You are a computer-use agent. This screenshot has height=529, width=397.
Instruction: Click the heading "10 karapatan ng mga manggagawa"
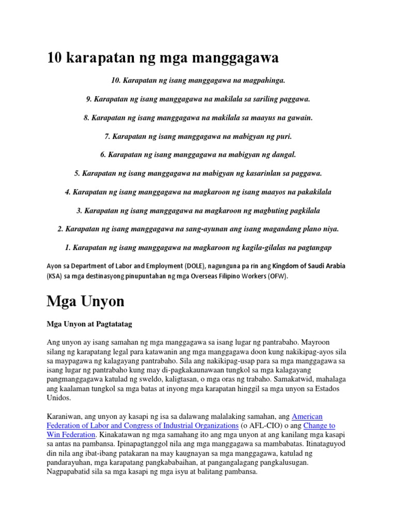pos(162,58)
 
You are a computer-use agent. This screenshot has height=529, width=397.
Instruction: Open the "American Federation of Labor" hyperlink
pos(307,416)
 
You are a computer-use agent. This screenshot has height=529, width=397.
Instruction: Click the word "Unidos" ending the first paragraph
pos(59,399)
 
